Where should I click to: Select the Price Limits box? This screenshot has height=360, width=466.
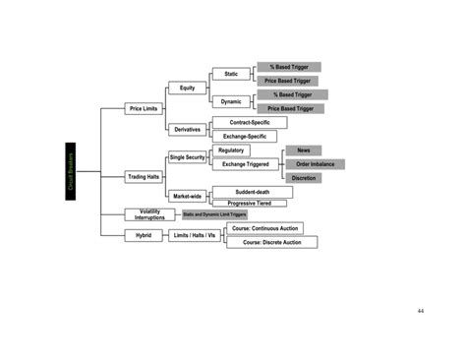coord(144,108)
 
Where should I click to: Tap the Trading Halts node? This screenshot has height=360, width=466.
coord(144,177)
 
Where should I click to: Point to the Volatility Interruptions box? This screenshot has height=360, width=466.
coord(149,214)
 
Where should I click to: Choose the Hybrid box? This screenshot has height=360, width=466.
coord(144,235)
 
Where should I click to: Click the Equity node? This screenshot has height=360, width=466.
coord(187,88)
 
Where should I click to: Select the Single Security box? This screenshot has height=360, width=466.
coord(187,157)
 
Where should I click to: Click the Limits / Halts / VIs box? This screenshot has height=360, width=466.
coord(194,235)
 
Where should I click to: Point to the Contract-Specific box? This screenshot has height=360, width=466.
coord(249,122)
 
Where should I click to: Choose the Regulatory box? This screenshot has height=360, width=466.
coord(232,150)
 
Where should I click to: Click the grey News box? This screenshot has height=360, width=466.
coord(303,150)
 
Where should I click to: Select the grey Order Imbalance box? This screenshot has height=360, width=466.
coord(314,164)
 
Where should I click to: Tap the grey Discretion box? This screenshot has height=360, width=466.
coord(303,178)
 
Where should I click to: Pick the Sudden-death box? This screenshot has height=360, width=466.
coord(252,192)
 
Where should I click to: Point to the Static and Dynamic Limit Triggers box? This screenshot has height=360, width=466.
coord(214,214)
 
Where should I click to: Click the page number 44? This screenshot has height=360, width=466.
coord(420,311)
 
